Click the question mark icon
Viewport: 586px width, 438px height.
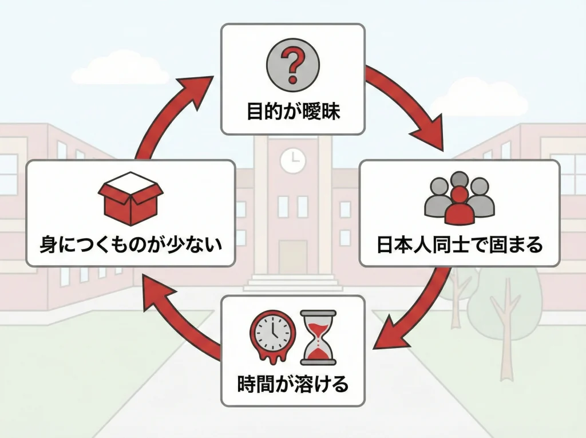[x=292, y=64]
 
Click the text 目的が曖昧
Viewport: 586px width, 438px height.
[x=293, y=111]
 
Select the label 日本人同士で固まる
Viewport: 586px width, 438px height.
[x=459, y=245]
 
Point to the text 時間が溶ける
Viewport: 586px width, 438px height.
[x=292, y=383]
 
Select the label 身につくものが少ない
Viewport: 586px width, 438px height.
[x=130, y=246]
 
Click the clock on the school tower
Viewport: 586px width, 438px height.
[x=292, y=160]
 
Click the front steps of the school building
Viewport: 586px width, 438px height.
[x=292, y=283]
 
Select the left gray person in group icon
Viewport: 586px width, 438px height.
[x=437, y=198]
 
